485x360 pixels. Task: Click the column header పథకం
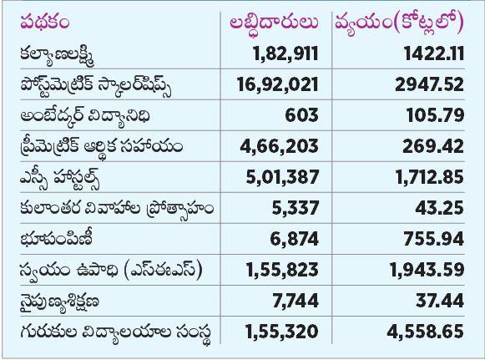coord(45,23)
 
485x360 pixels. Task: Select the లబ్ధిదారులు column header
coord(274,23)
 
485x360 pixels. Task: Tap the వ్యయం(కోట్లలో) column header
coord(400,23)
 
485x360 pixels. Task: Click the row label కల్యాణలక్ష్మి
coord(58,54)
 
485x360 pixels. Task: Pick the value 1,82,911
coord(285,53)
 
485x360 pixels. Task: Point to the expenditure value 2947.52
coord(430,84)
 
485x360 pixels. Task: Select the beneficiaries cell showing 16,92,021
coord(277,84)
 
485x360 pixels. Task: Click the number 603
coord(301,115)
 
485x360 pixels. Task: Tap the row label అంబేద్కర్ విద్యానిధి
coord(85,116)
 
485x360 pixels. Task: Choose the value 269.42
coord(433,146)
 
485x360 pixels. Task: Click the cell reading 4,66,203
coord(279,146)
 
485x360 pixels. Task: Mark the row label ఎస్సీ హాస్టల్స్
coord(60,178)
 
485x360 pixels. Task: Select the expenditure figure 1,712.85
coord(430,177)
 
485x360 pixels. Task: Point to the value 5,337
coord(295,208)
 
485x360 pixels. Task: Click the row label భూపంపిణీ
coord(57,239)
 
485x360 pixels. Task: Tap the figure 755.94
coord(433,239)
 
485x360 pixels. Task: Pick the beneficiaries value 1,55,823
coord(282,270)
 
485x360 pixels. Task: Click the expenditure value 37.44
coord(440,301)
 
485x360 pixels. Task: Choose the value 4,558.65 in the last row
coord(426,332)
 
